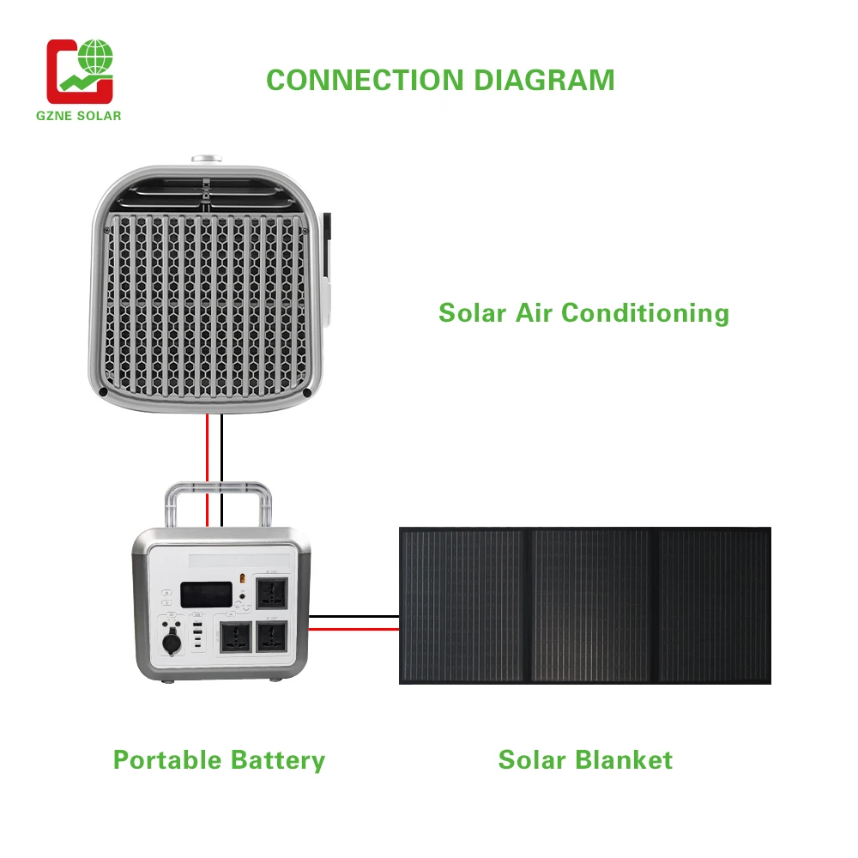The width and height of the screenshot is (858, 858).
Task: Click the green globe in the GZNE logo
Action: tap(96, 59)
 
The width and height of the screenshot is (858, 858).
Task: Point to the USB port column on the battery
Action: tap(199, 639)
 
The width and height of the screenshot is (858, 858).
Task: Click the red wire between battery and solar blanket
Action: tap(353, 629)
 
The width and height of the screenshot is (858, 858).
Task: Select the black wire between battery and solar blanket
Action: tap(353, 616)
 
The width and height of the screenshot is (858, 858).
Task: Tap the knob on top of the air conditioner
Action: tap(206, 160)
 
